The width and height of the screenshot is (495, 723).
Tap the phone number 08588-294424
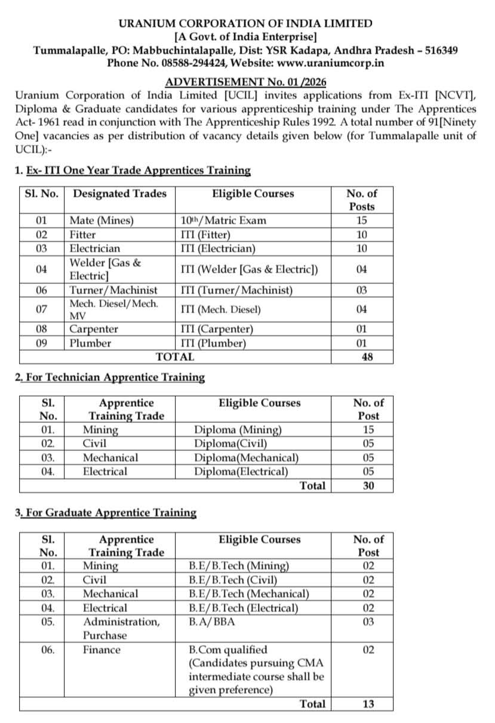pos(195,62)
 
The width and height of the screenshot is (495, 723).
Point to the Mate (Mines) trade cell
pos(102,220)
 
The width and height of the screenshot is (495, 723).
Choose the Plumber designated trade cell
pos(90,343)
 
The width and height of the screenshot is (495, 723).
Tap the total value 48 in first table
pos(362,357)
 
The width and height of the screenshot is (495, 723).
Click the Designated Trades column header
pos(119,193)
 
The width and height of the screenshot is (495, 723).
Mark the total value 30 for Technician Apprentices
pos(368,486)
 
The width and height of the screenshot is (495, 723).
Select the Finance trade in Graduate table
pos(102,650)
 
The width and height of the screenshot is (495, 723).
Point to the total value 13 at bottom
pos(368,704)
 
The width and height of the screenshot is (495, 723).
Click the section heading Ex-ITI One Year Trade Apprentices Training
pos(139,171)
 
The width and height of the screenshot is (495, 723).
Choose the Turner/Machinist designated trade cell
pos(113,290)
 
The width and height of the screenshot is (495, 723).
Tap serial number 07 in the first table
pos(41,309)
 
